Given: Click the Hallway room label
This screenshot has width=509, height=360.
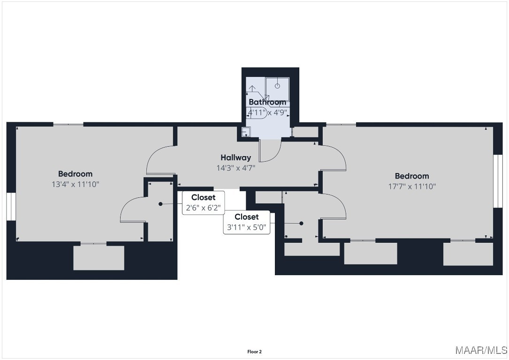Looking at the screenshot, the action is click(x=236, y=157).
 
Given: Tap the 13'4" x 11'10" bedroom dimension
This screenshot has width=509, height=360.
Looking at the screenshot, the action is click(x=76, y=184).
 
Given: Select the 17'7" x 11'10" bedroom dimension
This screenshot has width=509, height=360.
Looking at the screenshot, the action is click(x=412, y=187).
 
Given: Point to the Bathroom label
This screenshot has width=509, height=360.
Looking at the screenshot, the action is click(x=267, y=102).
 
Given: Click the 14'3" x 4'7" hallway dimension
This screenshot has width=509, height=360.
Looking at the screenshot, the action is click(x=236, y=168).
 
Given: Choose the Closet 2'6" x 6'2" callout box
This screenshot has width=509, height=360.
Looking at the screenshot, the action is click(x=203, y=203).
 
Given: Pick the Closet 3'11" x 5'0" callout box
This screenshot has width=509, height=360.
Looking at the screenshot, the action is click(x=246, y=222).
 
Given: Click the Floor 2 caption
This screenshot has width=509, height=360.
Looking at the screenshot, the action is click(x=254, y=352).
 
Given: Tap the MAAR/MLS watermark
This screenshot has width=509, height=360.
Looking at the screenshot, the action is click(x=481, y=350).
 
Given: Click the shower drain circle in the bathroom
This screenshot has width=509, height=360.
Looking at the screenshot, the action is click(x=277, y=86).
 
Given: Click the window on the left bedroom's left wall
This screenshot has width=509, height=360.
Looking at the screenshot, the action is click(x=11, y=207).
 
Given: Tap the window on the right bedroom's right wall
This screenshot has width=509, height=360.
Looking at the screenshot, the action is click(x=498, y=181).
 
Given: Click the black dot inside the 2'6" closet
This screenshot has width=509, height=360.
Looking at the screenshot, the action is click(x=160, y=204).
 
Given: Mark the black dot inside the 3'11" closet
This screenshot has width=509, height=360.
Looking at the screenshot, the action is click(x=301, y=224).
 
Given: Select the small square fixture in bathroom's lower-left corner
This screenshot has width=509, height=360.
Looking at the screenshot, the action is click(x=246, y=131).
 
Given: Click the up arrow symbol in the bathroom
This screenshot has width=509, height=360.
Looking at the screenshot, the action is click(x=252, y=89).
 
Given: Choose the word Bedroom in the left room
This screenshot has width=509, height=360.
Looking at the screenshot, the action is click(x=76, y=174).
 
